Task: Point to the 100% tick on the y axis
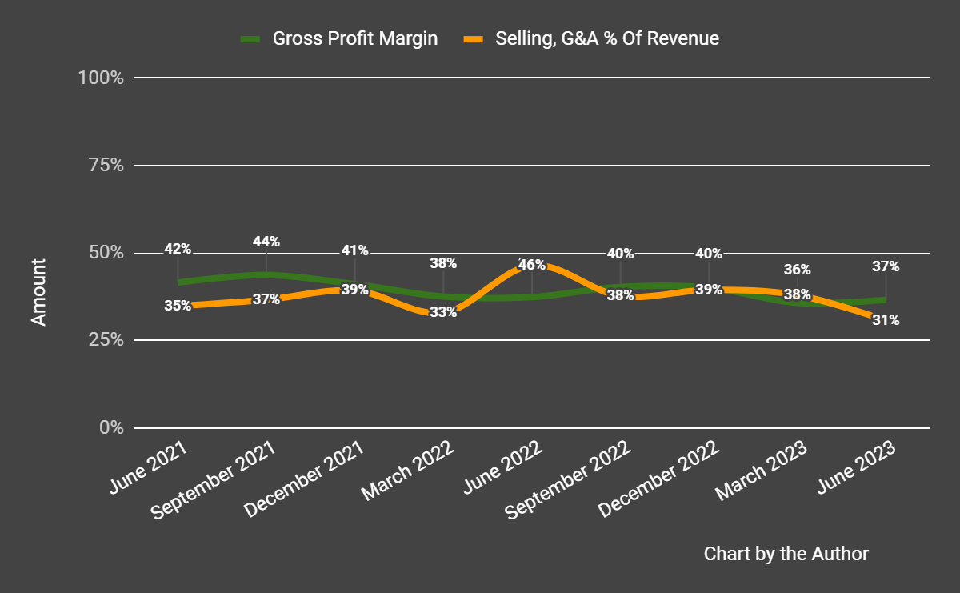(100, 78)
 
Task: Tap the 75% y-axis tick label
(105, 166)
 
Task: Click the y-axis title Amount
(38, 291)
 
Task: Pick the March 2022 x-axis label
(409, 472)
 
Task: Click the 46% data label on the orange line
(531, 265)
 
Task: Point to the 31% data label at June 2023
(886, 320)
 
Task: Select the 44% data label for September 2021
(266, 241)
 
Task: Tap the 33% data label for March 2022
(443, 312)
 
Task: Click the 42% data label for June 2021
(178, 249)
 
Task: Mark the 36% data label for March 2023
(797, 270)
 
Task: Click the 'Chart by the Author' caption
(786, 554)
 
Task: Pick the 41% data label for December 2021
(354, 250)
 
